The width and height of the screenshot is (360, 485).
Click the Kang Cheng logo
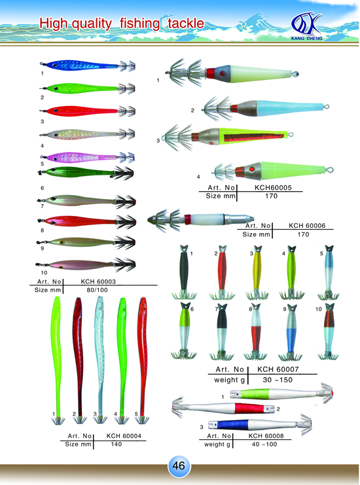coord(306,26)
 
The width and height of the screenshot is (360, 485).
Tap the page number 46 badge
coord(179,465)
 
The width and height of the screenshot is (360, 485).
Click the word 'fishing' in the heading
coord(140,24)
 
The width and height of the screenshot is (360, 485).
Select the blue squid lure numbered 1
coord(88,65)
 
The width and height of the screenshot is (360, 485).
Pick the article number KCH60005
coord(273,187)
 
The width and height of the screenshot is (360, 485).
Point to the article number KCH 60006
coord(307,226)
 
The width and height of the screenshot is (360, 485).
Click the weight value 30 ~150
coord(278,380)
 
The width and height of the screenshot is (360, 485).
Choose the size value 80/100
coord(97,290)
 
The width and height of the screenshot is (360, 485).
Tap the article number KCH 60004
coord(124,436)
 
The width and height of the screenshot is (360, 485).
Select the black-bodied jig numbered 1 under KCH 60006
coord(184,272)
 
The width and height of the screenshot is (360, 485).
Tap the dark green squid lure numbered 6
coord(86,173)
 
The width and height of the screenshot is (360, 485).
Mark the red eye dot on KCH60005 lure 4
coord(252,170)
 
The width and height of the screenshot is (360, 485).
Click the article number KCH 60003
coord(98,281)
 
